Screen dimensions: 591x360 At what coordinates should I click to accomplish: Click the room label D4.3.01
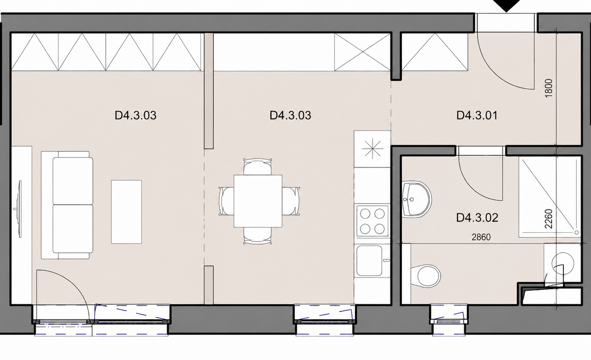tap(477, 115)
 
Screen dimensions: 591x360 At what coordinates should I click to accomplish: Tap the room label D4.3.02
tap(477, 218)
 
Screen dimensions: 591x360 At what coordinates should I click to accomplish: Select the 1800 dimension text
tap(548, 88)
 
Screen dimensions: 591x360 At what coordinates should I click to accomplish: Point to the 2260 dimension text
tap(548, 219)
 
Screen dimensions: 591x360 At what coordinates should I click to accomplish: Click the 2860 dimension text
tap(481, 237)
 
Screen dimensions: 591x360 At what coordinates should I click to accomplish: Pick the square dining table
tap(258, 201)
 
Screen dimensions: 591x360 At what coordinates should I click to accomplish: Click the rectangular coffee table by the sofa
tap(127, 212)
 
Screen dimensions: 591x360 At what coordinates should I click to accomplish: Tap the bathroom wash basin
tap(416, 199)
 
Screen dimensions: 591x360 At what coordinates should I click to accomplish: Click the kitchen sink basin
tap(369, 261)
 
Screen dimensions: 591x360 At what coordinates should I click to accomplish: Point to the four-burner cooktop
tap(372, 221)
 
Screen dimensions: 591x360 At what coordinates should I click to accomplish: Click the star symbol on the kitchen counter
tap(372, 149)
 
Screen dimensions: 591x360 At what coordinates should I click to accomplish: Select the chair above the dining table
tap(257, 167)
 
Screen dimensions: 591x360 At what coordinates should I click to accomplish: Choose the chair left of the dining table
tap(227, 201)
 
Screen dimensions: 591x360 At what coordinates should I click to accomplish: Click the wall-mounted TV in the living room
tap(19, 209)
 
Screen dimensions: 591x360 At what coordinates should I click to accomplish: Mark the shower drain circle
tap(577, 232)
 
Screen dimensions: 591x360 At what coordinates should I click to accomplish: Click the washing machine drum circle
tap(563, 264)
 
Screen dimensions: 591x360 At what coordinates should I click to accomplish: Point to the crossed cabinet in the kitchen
tap(363, 52)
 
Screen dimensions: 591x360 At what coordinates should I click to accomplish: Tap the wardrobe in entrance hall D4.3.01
tap(435, 52)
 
